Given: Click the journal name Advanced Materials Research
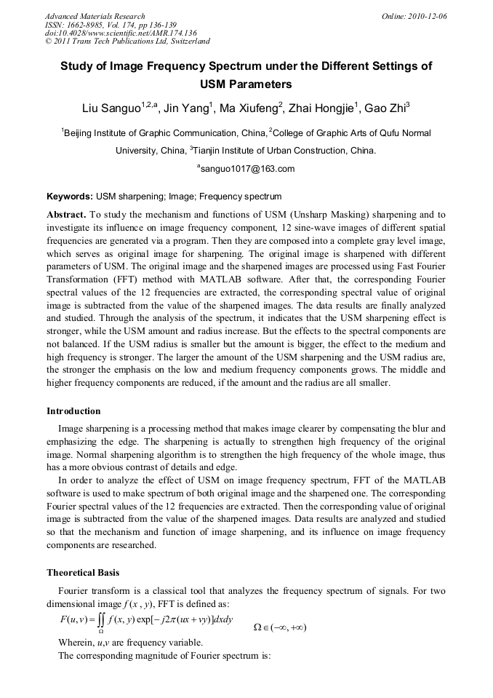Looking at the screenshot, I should click(95, 16).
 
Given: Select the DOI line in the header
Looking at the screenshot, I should click(121, 33).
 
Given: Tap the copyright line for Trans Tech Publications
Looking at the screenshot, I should click(127, 42).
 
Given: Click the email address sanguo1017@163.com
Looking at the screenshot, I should click(247, 169).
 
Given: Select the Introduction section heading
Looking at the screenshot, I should click(73, 411).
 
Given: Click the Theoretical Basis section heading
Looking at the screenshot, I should click(84, 572).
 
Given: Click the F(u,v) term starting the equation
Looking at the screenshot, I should click(73, 619).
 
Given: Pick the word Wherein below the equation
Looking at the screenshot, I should click(75, 643).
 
